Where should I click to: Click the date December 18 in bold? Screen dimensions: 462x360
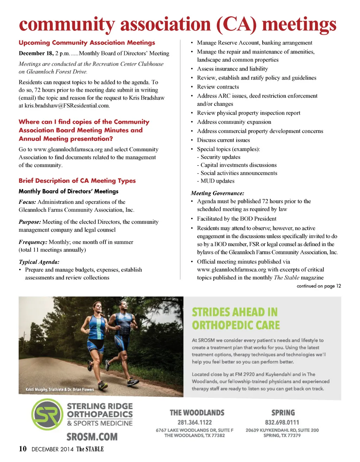click(x=36, y=53)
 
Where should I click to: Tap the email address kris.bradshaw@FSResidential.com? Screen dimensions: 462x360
click(x=67, y=105)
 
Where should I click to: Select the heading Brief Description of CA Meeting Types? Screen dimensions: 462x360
click(x=77, y=181)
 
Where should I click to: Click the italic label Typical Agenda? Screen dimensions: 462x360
click(x=39, y=262)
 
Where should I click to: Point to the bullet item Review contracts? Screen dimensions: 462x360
click(x=218, y=87)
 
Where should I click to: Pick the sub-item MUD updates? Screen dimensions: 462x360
click(x=217, y=181)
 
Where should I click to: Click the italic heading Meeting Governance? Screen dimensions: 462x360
click(x=217, y=193)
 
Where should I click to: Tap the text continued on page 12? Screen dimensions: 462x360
click(x=319, y=286)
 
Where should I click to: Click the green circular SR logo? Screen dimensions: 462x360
click(x=47, y=415)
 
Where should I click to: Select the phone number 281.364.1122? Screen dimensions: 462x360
click(x=194, y=423)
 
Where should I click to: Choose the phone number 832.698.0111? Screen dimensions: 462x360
click(x=282, y=423)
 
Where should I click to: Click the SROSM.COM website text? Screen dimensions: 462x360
click(x=92, y=437)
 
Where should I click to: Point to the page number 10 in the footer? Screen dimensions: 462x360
click(x=22, y=449)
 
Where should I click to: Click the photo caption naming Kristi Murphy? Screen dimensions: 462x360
click(x=60, y=390)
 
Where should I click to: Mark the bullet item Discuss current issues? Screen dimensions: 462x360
click(x=223, y=140)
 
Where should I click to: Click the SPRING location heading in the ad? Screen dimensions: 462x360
click(x=283, y=413)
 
